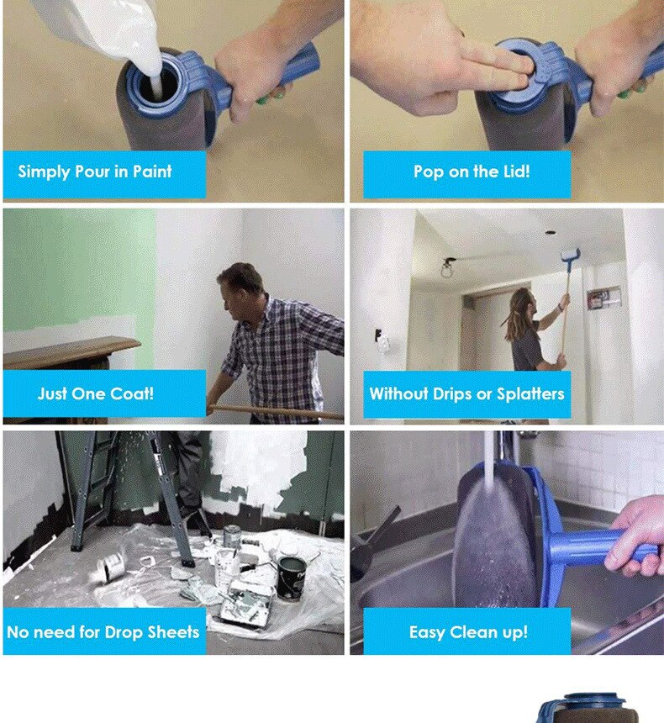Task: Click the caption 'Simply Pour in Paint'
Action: tap(95, 172)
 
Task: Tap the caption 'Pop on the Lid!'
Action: tap(472, 172)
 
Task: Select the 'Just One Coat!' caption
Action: tap(96, 393)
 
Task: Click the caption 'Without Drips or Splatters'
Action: tap(466, 393)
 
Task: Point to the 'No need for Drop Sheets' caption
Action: tap(103, 631)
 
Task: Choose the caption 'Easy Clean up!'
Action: tap(468, 631)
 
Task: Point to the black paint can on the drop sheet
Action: tap(292, 578)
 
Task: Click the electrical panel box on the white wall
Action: tap(603, 298)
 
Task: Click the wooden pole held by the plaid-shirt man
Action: tap(276, 412)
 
